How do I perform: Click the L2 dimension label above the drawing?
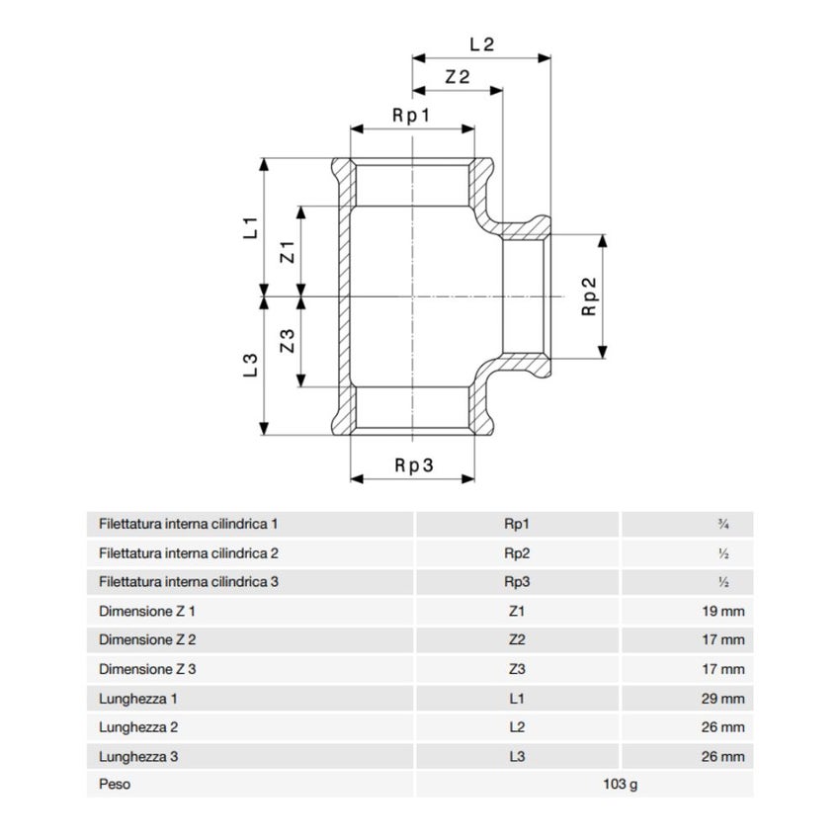pyautogui.click(x=481, y=44)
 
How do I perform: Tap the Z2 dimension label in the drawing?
pyautogui.click(x=457, y=77)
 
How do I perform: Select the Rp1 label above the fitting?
pyautogui.click(x=411, y=116)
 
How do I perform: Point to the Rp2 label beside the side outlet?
pyautogui.click(x=589, y=296)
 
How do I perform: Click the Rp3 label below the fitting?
pyautogui.click(x=413, y=465)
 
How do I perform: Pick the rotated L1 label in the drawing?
pyautogui.click(x=251, y=227)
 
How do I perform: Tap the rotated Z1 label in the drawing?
pyautogui.click(x=288, y=252)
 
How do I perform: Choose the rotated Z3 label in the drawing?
pyautogui.click(x=288, y=341)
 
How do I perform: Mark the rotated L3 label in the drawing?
pyautogui.click(x=251, y=366)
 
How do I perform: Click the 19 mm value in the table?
pyautogui.click(x=723, y=612)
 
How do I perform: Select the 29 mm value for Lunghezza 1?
pyautogui.click(x=723, y=699)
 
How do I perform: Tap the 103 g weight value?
pyautogui.click(x=621, y=785)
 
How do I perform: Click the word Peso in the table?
pyautogui.click(x=115, y=785)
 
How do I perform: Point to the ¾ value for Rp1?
pyautogui.click(x=723, y=525)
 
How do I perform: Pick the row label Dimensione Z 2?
pyautogui.click(x=147, y=639)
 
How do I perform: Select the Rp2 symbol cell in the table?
pyautogui.click(x=517, y=553)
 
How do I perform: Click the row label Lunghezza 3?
pyautogui.click(x=138, y=757)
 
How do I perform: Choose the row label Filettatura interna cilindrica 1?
pyautogui.click(x=189, y=524)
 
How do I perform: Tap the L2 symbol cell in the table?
pyautogui.click(x=517, y=727)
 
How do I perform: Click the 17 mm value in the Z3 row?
pyautogui.click(x=723, y=669)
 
